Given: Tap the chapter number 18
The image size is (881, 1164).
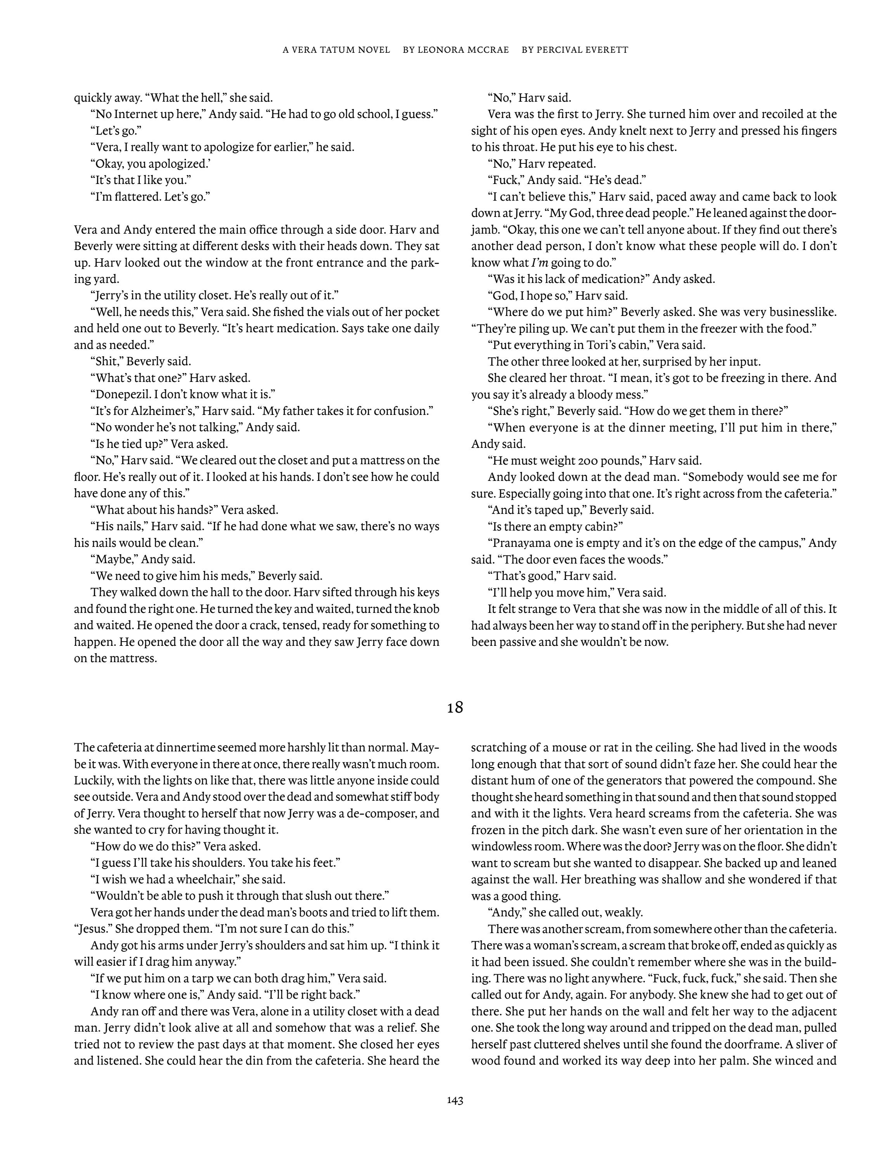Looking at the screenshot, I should coord(455,708).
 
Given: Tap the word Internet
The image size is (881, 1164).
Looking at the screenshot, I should coord(137,114).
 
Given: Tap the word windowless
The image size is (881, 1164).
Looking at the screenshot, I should coord(500,846).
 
